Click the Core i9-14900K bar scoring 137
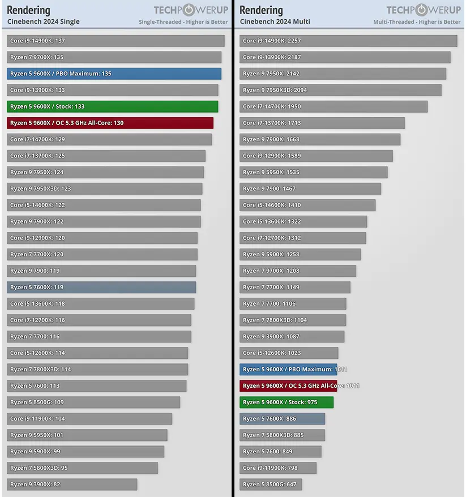coord(116,41)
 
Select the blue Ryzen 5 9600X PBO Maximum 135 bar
coord(114,74)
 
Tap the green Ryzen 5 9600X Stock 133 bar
coord(112,106)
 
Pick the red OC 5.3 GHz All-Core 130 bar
coord(110,123)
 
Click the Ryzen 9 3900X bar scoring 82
coord(72,485)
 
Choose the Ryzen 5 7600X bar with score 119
coord(101,287)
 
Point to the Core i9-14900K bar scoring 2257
coord(348,41)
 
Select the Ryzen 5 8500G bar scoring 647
coord(271,485)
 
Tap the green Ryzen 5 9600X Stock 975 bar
coord(287,402)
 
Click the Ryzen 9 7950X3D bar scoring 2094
coord(340,90)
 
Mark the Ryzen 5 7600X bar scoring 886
coord(282,419)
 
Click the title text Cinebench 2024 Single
coord(43,22)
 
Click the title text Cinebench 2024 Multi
coord(275,22)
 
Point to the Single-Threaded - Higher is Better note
coord(183,22)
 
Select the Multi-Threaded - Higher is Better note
coord(417,22)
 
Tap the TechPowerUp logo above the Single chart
coord(190,10)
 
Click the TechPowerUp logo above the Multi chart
coord(423,10)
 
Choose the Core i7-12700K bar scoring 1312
coord(302,238)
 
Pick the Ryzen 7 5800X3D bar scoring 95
coord(82,468)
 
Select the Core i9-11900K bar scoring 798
coord(278,468)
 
